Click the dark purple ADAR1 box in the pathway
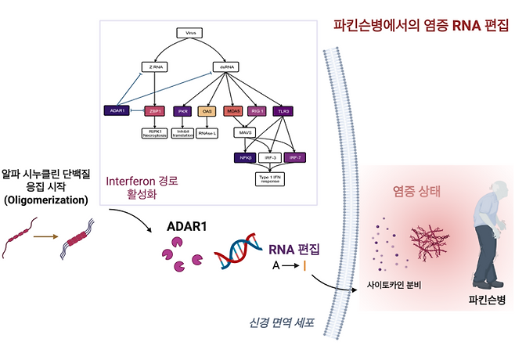[116, 110]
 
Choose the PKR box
[184, 111]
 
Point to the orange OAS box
[207, 111]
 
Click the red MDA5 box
[232, 111]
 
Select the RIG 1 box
[257, 111]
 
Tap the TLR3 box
[284, 111]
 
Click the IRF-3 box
[268, 157]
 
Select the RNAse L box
[207, 133]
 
